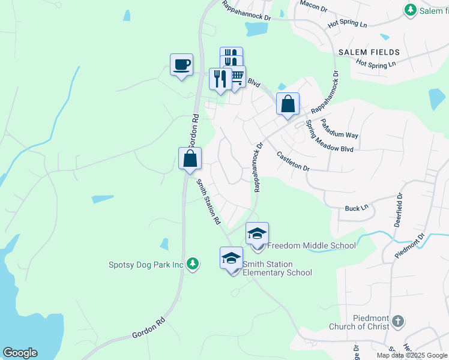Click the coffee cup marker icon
181,64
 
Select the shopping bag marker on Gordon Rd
190,159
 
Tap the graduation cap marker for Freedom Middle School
257,233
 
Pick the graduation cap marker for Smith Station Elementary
231,258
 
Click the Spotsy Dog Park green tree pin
192,264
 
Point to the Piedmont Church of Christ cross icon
397,322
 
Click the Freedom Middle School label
311,245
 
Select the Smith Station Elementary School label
277,268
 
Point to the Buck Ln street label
356,208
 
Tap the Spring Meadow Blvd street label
329,139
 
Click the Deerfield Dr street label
397,209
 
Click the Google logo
20,353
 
